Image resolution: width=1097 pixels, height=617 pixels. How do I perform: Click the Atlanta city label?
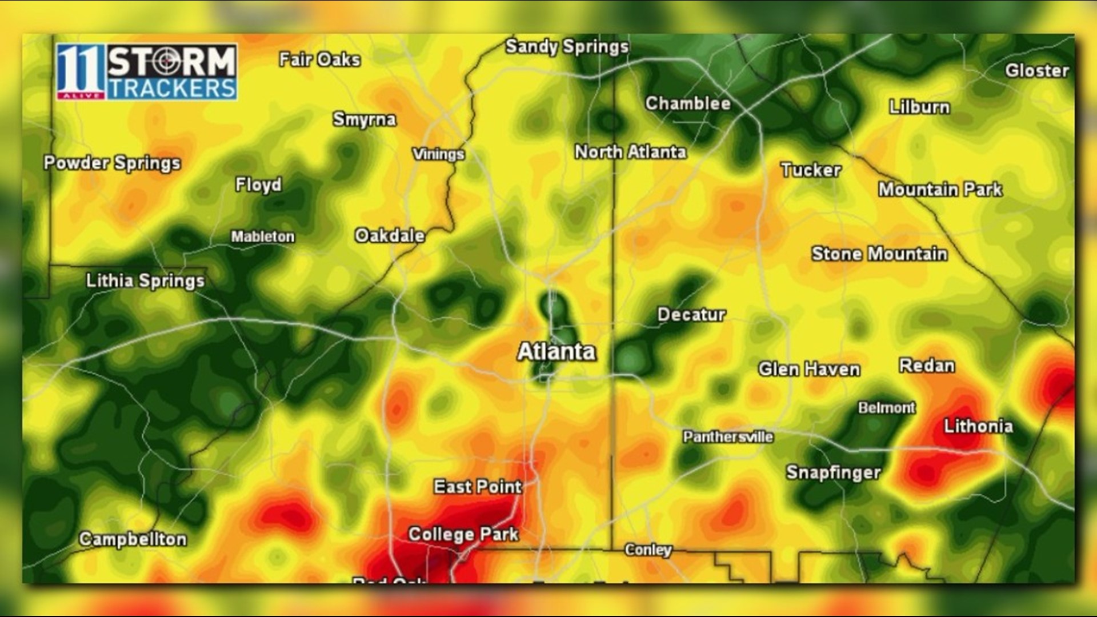pyautogui.click(x=556, y=352)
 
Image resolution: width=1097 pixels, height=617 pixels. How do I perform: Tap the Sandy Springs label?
pyautogui.click(x=567, y=46)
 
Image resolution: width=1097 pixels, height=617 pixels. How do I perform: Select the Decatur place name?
pyautogui.click(x=691, y=314)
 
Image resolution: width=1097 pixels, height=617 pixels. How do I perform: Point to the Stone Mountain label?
pyautogui.click(x=879, y=254)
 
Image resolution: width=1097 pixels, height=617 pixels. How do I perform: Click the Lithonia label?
pyautogui.click(x=978, y=426)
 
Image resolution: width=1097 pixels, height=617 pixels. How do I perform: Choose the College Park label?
pyautogui.click(x=463, y=534)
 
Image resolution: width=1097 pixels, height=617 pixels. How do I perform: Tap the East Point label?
pyautogui.click(x=478, y=487)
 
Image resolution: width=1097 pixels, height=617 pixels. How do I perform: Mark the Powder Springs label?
pyautogui.click(x=112, y=163)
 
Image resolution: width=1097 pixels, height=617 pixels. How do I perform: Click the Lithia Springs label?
pyautogui.click(x=145, y=281)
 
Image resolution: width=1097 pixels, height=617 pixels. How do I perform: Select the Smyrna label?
pyautogui.click(x=365, y=119)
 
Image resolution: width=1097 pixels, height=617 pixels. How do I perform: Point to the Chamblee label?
pyautogui.click(x=687, y=103)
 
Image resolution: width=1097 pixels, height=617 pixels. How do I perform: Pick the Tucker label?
pyautogui.click(x=811, y=170)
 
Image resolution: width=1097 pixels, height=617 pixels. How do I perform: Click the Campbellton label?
pyautogui.click(x=133, y=539)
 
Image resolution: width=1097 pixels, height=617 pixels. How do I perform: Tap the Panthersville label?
pyautogui.click(x=728, y=437)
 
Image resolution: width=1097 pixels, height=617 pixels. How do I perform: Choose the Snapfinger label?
pyautogui.click(x=833, y=472)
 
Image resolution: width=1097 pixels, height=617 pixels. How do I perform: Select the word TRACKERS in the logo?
pyautogui.click(x=172, y=89)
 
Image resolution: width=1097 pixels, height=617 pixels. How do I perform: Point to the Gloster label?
pyautogui.click(x=1036, y=70)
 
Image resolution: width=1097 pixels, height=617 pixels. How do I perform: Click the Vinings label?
pyautogui.click(x=438, y=154)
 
